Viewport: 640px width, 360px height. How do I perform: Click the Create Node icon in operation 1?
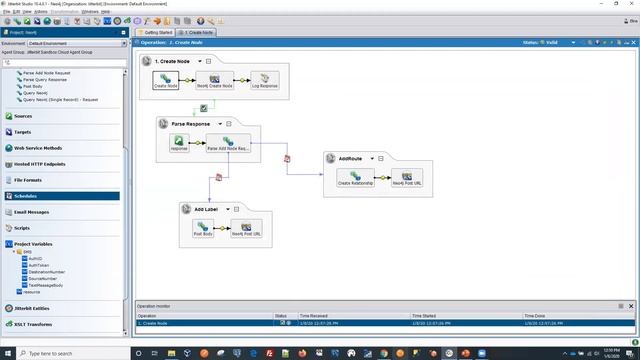(165, 78)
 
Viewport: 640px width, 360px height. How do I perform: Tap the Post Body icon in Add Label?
(203, 226)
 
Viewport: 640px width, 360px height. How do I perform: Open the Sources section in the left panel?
(23, 116)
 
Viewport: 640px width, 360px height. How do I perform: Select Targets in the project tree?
(23, 132)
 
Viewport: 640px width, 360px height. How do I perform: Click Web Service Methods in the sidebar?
(38, 148)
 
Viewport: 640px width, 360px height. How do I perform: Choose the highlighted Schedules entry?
(26, 196)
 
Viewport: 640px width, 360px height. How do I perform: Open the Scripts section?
(22, 228)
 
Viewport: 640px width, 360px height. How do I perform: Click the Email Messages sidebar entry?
(31, 212)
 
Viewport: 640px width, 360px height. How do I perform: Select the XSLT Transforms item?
(33, 324)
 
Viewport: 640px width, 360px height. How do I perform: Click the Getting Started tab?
(158, 32)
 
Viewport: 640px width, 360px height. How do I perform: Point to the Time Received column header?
(314, 315)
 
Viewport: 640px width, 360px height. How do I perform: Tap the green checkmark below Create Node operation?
(204, 107)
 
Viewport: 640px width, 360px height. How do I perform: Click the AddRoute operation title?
(350, 158)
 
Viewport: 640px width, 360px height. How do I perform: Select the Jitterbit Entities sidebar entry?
(33, 308)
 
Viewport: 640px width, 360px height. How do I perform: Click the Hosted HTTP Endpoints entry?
(40, 164)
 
